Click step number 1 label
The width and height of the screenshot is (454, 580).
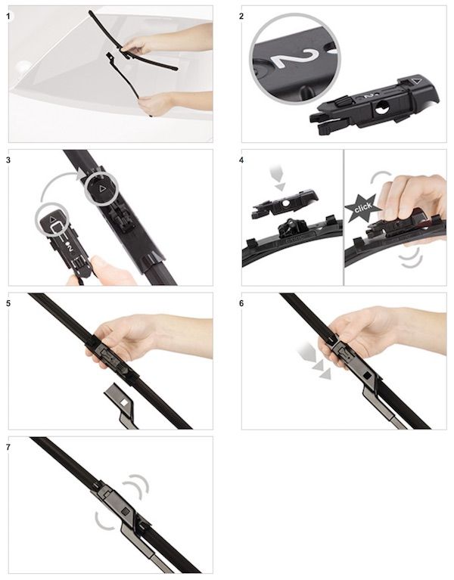click(x=8, y=17)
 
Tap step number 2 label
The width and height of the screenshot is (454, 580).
click(x=241, y=17)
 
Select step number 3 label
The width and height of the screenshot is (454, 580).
click(x=8, y=160)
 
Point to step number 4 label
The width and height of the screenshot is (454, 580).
click(x=241, y=160)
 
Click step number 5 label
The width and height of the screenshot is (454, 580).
click(x=8, y=303)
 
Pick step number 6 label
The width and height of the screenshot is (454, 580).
click(x=241, y=303)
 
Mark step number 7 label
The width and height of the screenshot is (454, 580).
click(x=8, y=447)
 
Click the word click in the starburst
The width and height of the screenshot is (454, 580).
click(x=362, y=207)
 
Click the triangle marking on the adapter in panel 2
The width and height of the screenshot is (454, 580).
click(x=416, y=80)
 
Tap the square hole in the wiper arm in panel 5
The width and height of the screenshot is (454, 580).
click(x=126, y=401)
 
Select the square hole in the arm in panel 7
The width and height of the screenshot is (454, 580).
click(x=125, y=512)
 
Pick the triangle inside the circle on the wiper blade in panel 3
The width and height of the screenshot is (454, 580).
click(x=101, y=188)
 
